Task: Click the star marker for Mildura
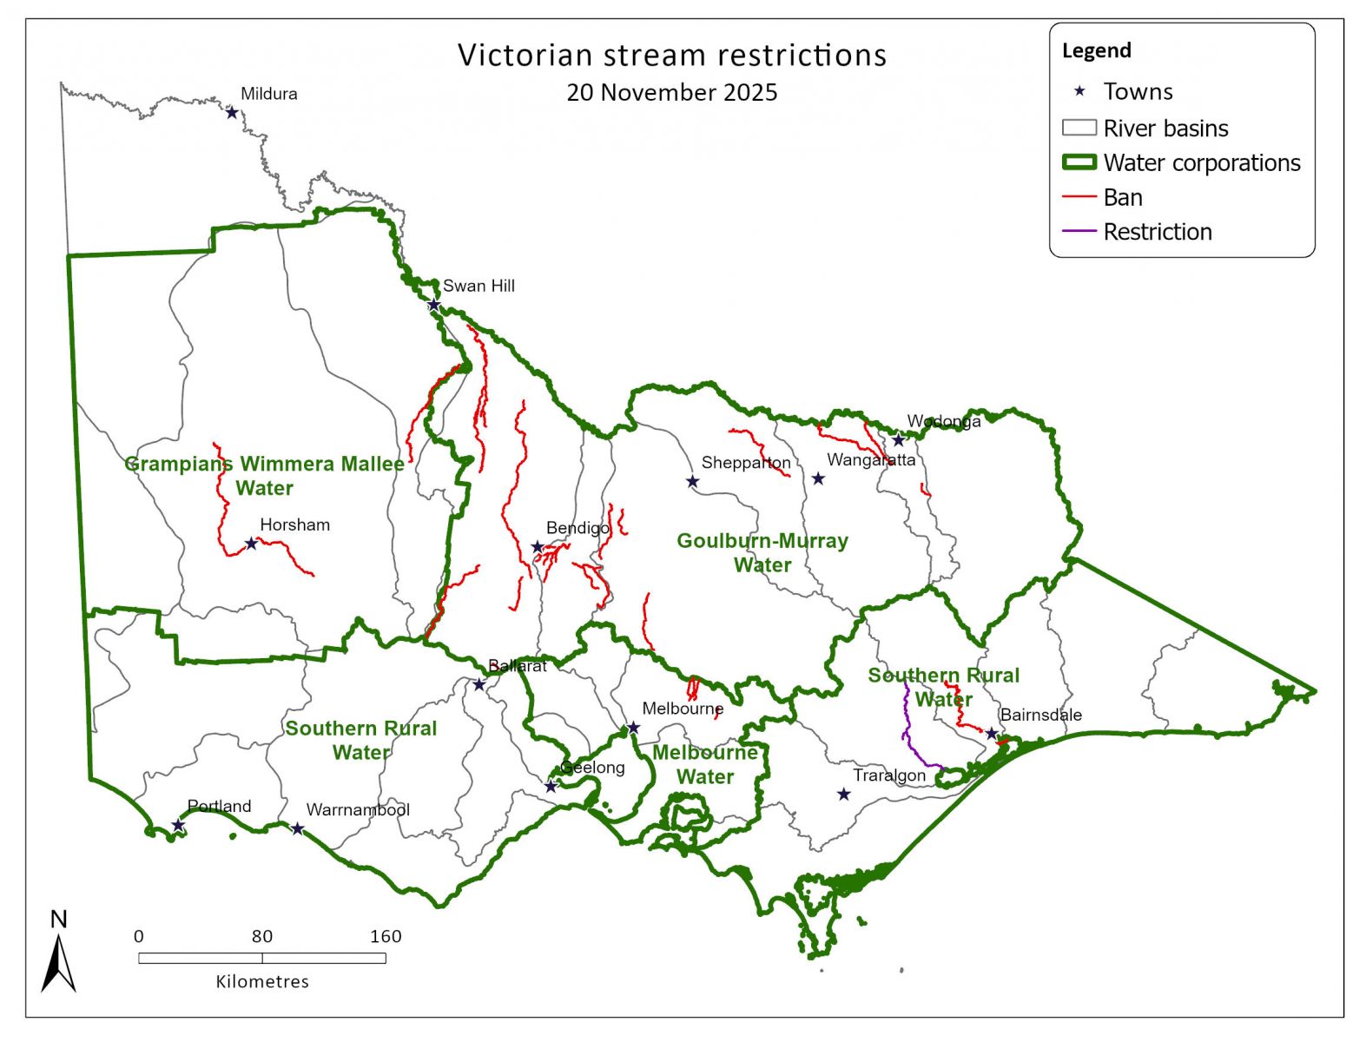[232, 112]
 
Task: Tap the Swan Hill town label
[478, 286]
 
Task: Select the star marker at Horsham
[251, 544]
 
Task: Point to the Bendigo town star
[538, 547]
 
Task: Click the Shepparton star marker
[692, 481]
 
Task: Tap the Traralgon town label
[889, 775]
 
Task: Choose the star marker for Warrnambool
[297, 828]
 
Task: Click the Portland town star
[178, 825]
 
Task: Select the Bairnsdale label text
[1040, 715]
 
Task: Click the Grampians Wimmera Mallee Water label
[265, 476]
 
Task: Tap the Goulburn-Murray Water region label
[762, 552]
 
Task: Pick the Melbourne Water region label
[705, 764]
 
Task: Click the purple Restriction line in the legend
[1079, 232]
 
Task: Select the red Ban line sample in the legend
[1079, 197]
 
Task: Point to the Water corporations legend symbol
[1079, 162]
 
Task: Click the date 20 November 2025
[672, 92]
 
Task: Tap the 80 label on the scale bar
[262, 936]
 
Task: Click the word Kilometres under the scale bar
[262, 981]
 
